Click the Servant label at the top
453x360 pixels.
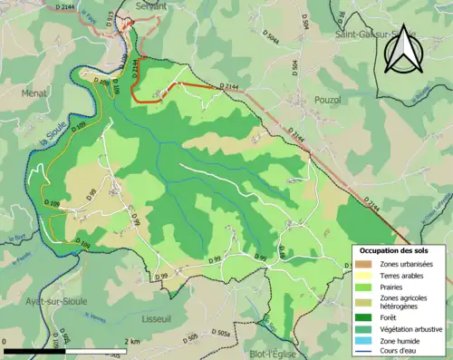click(150, 5)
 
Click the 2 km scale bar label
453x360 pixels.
click(132, 341)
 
